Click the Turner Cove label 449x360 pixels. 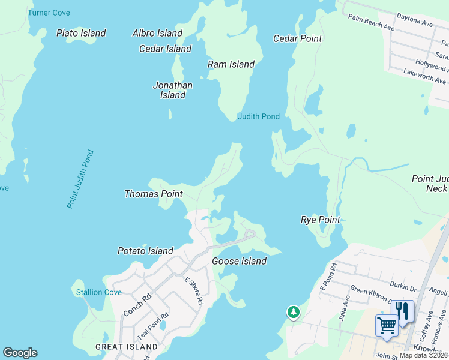pos(49,13)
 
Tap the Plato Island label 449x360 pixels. pos(81,33)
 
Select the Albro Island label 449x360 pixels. pos(157,33)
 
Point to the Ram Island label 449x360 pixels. pos(231,64)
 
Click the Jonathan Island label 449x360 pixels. pos(173,90)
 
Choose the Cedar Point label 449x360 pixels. pos(298,38)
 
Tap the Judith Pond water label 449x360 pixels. pos(259,116)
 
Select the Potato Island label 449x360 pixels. pos(145,251)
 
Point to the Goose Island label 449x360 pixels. pos(239,261)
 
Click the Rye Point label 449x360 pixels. pos(321,220)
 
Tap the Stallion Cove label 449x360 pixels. pos(99,292)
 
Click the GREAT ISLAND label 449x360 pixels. pos(127,347)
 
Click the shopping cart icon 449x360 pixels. pos(387,326)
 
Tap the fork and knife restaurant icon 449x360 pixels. pos(402,311)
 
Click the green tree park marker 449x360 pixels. pos(293,311)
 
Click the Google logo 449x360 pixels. pos(20,353)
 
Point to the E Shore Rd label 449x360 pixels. pos(194,291)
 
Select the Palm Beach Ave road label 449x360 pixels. pos(371,23)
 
